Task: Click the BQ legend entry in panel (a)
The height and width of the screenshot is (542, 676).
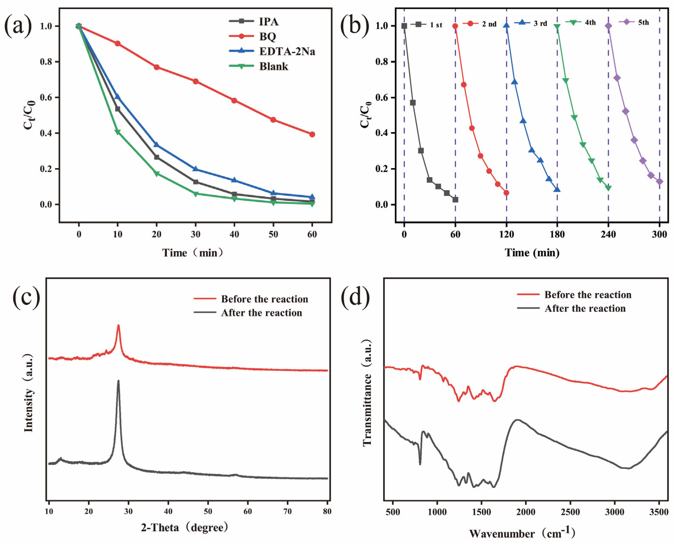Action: coord(267,37)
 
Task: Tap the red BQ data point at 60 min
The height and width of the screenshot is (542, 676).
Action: coord(312,134)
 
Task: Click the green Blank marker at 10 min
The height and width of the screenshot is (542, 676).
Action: coord(117,132)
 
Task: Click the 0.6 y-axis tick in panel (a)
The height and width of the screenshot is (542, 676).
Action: coord(46,98)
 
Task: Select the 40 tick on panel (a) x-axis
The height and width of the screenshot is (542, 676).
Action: coord(234,234)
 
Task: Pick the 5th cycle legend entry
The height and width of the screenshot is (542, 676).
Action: coord(643,22)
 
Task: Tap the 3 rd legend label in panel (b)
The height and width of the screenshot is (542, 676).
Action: coord(540,24)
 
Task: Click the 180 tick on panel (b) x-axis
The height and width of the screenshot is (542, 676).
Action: coord(557,234)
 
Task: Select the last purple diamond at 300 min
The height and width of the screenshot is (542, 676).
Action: coord(659,182)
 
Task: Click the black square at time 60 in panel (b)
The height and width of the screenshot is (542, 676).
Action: coord(455,199)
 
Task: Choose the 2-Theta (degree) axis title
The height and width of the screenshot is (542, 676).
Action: coord(184,527)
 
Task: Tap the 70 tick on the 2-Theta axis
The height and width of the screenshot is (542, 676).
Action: coord(287,512)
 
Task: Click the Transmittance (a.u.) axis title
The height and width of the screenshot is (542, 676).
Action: coord(367,392)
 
